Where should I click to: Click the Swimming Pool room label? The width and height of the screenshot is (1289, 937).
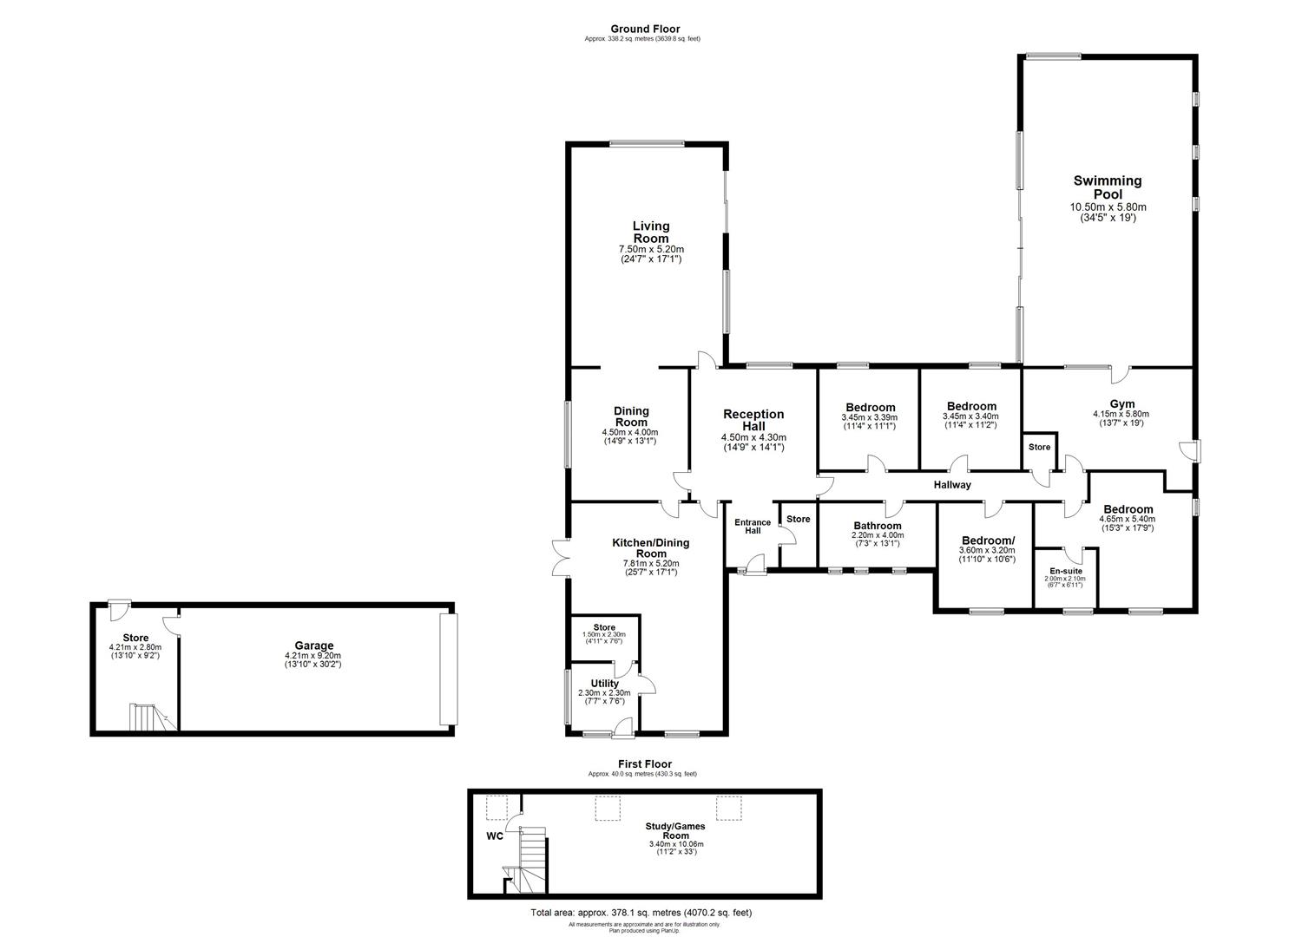[1107, 187]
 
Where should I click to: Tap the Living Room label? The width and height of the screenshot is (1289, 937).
[650, 233]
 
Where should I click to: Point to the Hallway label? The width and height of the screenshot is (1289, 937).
[952, 485]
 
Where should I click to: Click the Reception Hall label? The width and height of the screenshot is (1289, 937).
[753, 420]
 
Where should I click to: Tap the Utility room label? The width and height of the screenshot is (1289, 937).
[604, 684]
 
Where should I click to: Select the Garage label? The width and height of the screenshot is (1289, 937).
[314, 645]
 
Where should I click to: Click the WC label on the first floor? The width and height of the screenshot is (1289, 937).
[494, 837]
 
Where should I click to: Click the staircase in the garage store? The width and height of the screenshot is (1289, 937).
[144, 717]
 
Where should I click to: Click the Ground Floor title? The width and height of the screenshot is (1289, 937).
[644, 29]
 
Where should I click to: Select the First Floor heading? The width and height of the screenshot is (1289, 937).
[644, 763]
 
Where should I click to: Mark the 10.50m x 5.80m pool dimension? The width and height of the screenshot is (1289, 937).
[1107, 207]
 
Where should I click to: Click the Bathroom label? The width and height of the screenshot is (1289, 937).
[877, 526]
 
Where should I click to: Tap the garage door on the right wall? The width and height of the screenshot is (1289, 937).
[447, 669]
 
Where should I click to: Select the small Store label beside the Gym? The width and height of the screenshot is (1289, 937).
[1039, 448]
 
